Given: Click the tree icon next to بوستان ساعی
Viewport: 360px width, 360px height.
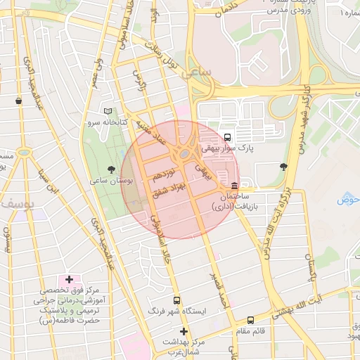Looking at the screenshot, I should click(111, 169).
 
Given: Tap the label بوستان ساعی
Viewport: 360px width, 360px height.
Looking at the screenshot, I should click(112, 181).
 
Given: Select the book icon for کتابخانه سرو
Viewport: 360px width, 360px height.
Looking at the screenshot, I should click(108, 111).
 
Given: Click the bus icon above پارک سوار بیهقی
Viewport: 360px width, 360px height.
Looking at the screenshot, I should click(227, 137).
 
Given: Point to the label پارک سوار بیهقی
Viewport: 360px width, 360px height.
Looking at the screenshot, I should click(227, 148).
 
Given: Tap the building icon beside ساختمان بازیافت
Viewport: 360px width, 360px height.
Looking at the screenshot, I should click(233, 186).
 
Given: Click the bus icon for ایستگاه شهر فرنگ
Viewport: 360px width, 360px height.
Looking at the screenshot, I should click(176, 300).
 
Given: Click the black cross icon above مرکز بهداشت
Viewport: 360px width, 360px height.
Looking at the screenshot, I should click(184, 331).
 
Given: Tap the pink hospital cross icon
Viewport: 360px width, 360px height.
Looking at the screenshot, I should click(69, 280).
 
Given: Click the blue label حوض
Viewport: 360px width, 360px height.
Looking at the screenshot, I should click(347, 200).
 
